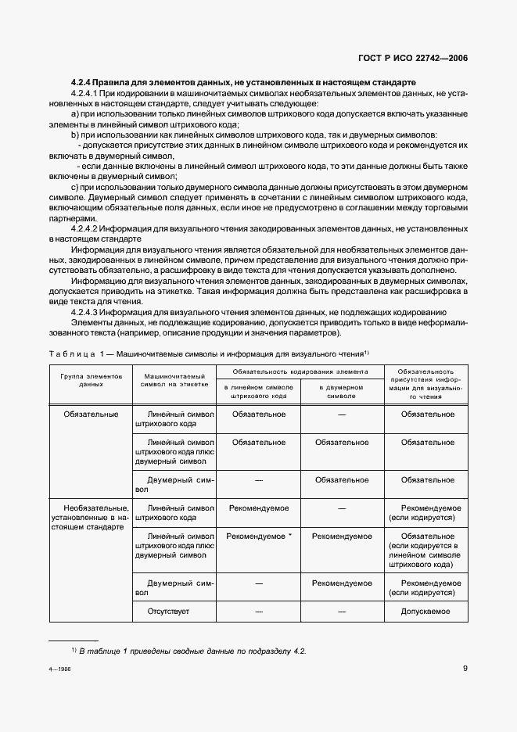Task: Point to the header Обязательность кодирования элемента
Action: (x=299, y=371)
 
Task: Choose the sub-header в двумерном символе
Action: (x=341, y=391)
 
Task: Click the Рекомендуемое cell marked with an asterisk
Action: (x=258, y=536)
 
